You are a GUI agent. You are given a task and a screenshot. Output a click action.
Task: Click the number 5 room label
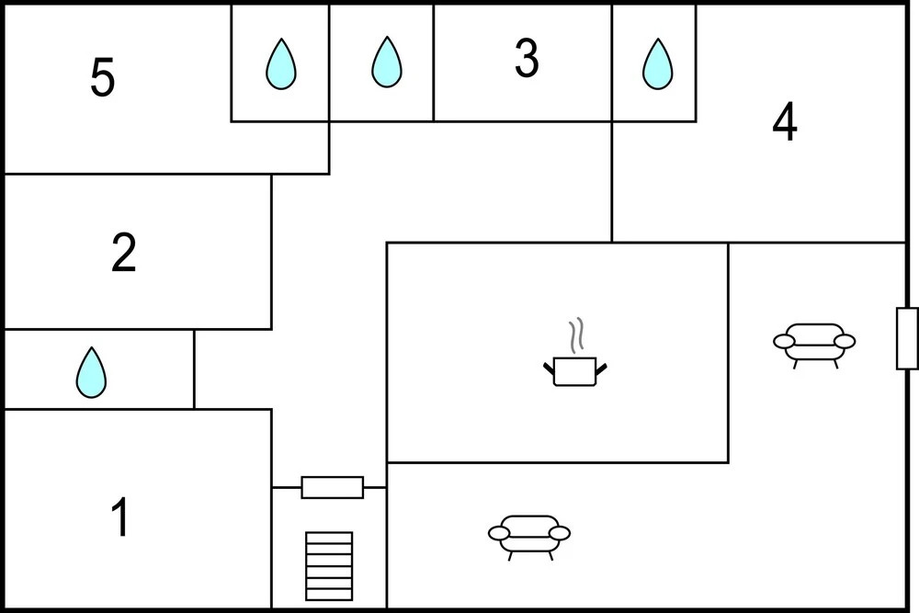click(x=103, y=77)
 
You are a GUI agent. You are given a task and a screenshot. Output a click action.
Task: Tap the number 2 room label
click(x=124, y=253)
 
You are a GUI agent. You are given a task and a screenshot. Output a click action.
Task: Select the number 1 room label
click(x=120, y=517)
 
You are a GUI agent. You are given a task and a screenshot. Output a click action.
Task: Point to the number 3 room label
click(x=527, y=58)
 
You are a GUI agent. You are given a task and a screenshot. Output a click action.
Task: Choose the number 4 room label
click(x=785, y=121)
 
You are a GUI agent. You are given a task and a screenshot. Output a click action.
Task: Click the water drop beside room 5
click(x=280, y=64)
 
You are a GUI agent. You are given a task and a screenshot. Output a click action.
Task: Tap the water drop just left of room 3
click(x=387, y=62)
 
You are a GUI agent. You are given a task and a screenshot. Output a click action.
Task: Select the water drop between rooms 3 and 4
click(x=658, y=64)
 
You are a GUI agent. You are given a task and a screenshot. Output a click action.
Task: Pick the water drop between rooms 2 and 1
click(x=91, y=373)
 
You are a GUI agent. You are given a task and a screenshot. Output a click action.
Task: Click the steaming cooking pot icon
click(x=575, y=353)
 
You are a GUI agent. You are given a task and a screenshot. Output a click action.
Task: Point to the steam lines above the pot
click(x=576, y=335)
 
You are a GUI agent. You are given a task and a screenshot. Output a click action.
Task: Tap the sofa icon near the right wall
click(x=814, y=346)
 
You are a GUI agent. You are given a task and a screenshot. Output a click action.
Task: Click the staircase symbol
click(x=329, y=566)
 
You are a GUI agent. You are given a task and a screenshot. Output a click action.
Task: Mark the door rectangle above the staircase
click(x=333, y=488)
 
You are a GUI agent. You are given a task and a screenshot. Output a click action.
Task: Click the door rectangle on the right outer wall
click(x=907, y=339)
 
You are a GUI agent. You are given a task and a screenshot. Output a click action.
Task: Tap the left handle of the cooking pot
click(x=549, y=369)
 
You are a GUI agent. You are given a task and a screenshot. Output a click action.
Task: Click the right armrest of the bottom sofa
click(x=559, y=533)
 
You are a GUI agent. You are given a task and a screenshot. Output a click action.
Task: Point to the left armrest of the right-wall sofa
click(x=785, y=341)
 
